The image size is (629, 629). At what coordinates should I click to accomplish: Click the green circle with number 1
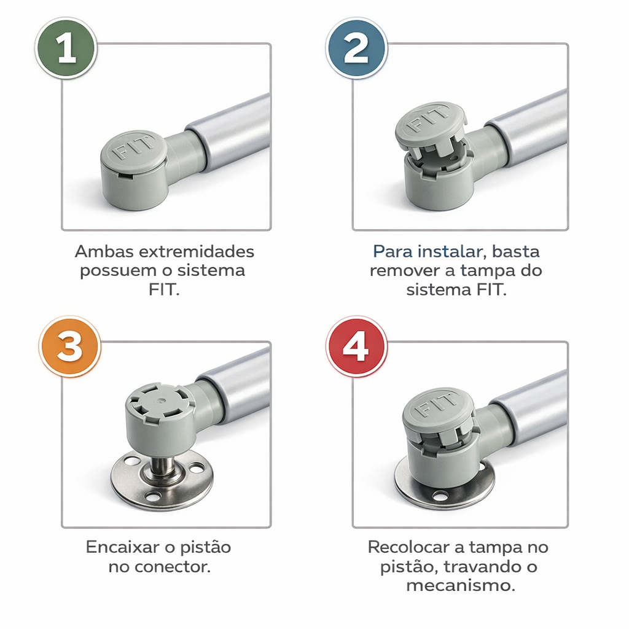[x=66, y=48]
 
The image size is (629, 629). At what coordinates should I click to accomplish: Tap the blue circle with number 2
[x=356, y=48]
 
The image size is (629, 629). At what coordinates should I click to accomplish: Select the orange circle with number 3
[x=70, y=346]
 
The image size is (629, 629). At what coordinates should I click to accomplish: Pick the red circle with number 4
[x=356, y=346]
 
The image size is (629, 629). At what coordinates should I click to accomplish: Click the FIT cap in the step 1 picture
[x=133, y=151]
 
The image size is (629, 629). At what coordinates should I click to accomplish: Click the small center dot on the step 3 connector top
[x=161, y=400]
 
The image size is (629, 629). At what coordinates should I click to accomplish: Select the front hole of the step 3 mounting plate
[x=153, y=497]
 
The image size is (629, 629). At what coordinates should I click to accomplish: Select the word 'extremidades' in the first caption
[x=196, y=251]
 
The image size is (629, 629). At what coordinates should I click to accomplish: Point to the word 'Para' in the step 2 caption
[x=393, y=251]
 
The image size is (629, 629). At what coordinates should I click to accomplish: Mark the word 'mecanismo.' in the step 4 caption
[x=461, y=585]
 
